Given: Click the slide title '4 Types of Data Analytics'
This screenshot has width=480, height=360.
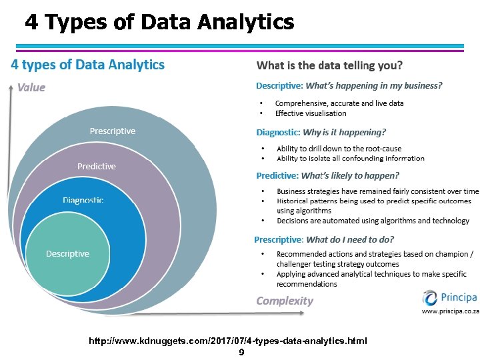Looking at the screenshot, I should click(159, 23).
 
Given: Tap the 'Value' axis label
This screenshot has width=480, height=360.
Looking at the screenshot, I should click(31, 87).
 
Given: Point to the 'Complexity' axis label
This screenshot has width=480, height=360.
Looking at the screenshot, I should click(285, 301).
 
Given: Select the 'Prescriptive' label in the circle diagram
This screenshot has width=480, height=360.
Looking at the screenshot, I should click(113, 131).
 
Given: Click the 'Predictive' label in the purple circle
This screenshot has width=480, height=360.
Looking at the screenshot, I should click(97, 166).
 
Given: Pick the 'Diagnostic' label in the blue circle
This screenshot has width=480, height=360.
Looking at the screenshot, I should click(83, 200).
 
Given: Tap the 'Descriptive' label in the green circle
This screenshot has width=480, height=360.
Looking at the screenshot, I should click(67, 254).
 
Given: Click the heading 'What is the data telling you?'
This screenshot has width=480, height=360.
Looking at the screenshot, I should click(329, 65).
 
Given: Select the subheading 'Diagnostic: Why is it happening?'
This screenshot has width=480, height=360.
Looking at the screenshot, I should click(321, 133).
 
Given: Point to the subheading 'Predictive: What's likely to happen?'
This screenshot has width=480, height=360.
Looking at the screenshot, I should click(328, 176).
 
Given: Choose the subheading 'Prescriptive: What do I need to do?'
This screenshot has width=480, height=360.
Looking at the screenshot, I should click(324, 239).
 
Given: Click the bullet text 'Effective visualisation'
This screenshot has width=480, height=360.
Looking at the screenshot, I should click(311, 113).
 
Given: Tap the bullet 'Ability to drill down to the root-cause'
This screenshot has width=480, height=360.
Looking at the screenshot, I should click(339, 149).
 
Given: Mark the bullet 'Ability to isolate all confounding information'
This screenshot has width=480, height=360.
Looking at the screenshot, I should click(350, 159).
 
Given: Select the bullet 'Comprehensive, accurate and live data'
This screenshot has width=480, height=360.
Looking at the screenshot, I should click(339, 103).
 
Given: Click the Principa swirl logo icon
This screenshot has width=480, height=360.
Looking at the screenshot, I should click(431, 297).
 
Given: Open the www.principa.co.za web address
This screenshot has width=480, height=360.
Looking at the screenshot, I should click(450, 311).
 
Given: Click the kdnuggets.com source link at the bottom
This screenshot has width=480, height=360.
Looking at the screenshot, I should click(228, 341).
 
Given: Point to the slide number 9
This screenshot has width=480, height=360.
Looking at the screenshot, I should click(241, 352).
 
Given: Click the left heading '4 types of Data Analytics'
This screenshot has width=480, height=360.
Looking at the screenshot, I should click(87, 65).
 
